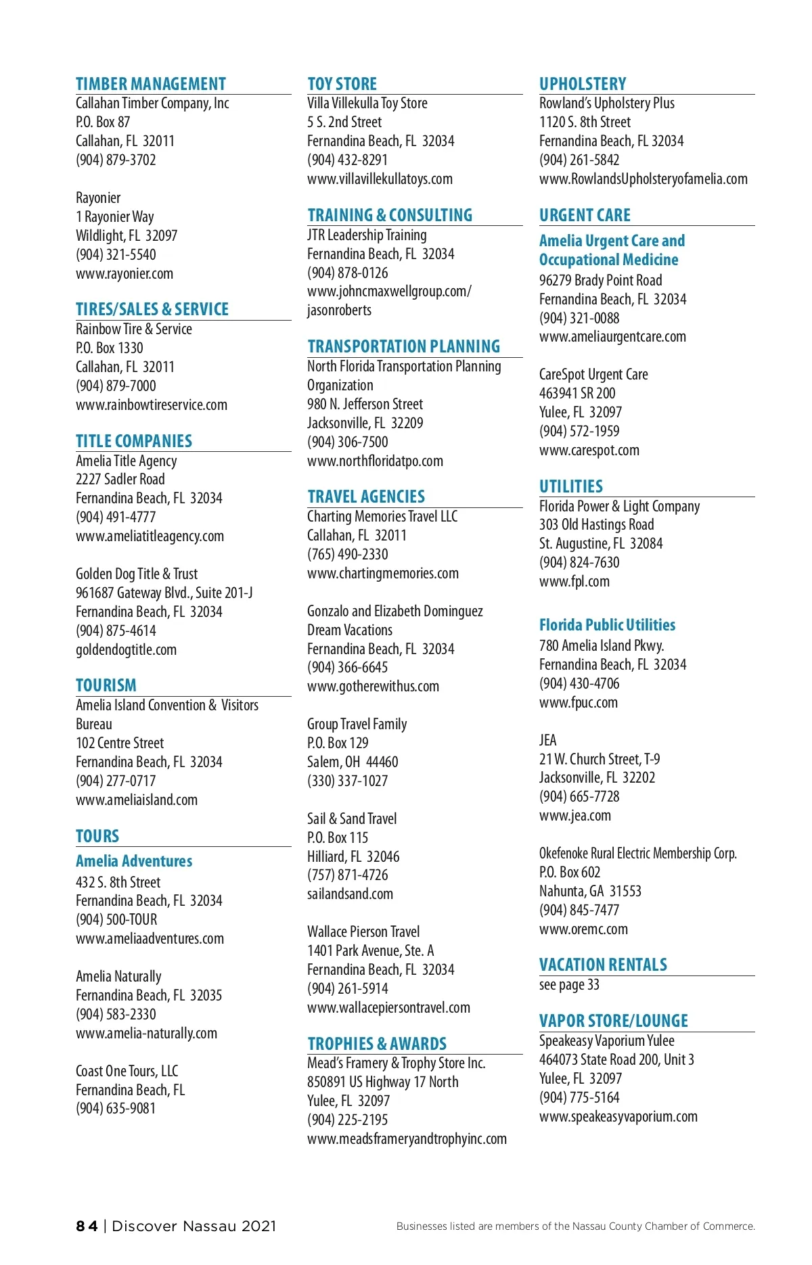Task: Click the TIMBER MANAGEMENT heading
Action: pyautogui.click(x=150, y=84)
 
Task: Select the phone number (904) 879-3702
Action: pyautogui.click(x=116, y=160)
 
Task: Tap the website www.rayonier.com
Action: pyautogui.click(x=125, y=273)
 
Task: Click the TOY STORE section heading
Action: pyautogui.click(x=342, y=84)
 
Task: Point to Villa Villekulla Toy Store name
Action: pyautogui.click(x=367, y=103)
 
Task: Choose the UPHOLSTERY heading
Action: pyautogui.click(x=583, y=84)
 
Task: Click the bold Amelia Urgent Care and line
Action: pyautogui.click(x=612, y=241)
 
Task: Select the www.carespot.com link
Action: pyautogui.click(x=589, y=450)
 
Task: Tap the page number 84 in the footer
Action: pyautogui.click(x=87, y=1226)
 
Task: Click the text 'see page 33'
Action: pyautogui.click(x=569, y=984)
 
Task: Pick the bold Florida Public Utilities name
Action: pyautogui.click(x=607, y=624)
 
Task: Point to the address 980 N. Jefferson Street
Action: pyautogui.click(x=365, y=404)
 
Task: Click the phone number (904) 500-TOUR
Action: pyautogui.click(x=116, y=919)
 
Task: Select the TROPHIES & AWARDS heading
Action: pyautogui.click(x=377, y=1043)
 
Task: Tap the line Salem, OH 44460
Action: pyautogui.click(x=353, y=762)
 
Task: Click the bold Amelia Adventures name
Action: pyautogui.click(x=134, y=861)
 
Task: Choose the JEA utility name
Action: pyautogui.click(x=547, y=740)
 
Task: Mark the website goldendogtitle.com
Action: pyautogui.click(x=126, y=649)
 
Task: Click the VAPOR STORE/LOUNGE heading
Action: pyautogui.click(x=613, y=1020)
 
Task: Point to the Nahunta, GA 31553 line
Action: pyautogui.click(x=590, y=891)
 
